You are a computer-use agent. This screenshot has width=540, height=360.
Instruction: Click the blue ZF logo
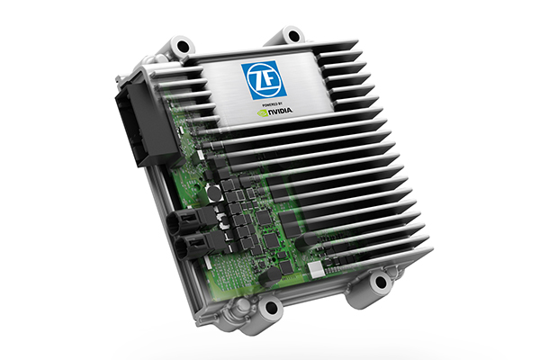264,81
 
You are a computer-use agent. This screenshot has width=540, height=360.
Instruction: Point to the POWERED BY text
272,103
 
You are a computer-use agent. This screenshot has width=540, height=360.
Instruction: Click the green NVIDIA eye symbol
263,112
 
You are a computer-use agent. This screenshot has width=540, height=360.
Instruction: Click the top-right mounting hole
292,35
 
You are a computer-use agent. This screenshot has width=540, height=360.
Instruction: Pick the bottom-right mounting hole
381,282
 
